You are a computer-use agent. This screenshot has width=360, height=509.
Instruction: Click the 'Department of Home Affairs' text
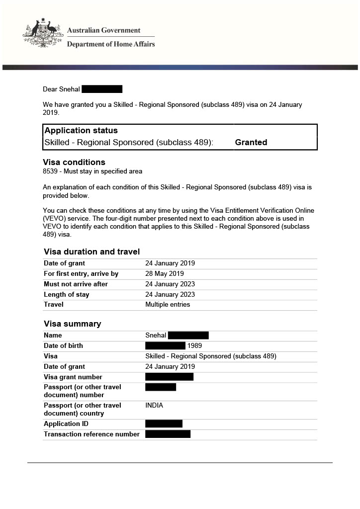pyautogui.click(x=111, y=44)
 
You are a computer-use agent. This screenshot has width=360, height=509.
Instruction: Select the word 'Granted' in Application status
pyautogui.click(x=251, y=142)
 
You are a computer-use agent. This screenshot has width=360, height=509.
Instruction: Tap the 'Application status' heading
pyautogui.click(x=81, y=131)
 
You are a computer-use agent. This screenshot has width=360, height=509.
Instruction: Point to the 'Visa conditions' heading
pyautogui.click(x=74, y=162)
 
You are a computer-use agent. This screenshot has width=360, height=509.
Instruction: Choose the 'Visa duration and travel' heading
pyautogui.click(x=91, y=252)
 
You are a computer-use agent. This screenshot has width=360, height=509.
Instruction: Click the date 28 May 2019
pyautogui.click(x=165, y=274)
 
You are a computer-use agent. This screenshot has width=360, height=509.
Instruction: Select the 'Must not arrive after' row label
pyautogui.click(x=76, y=284)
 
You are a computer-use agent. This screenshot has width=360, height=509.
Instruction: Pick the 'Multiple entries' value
pyautogui.click(x=168, y=305)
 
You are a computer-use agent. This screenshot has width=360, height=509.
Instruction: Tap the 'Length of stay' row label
pyautogui.click(x=67, y=295)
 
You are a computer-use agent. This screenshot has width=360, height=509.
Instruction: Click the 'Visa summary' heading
pyautogui.click(x=72, y=324)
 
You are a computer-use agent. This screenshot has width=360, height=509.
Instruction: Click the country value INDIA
pyautogui.click(x=154, y=406)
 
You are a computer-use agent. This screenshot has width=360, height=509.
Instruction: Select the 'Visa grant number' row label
pyautogui.click(x=73, y=377)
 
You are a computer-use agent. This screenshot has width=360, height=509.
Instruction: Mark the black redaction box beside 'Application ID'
pyautogui.click(x=164, y=424)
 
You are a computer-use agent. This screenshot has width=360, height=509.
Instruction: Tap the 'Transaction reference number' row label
pyautogui.click(x=91, y=434)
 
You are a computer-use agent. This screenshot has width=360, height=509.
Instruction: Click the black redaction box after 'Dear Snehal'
pyautogui.click(x=102, y=89)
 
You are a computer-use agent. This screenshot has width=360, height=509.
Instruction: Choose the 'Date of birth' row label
pyautogui.click(x=63, y=346)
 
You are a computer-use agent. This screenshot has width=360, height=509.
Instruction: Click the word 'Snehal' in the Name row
pyautogui.click(x=156, y=336)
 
